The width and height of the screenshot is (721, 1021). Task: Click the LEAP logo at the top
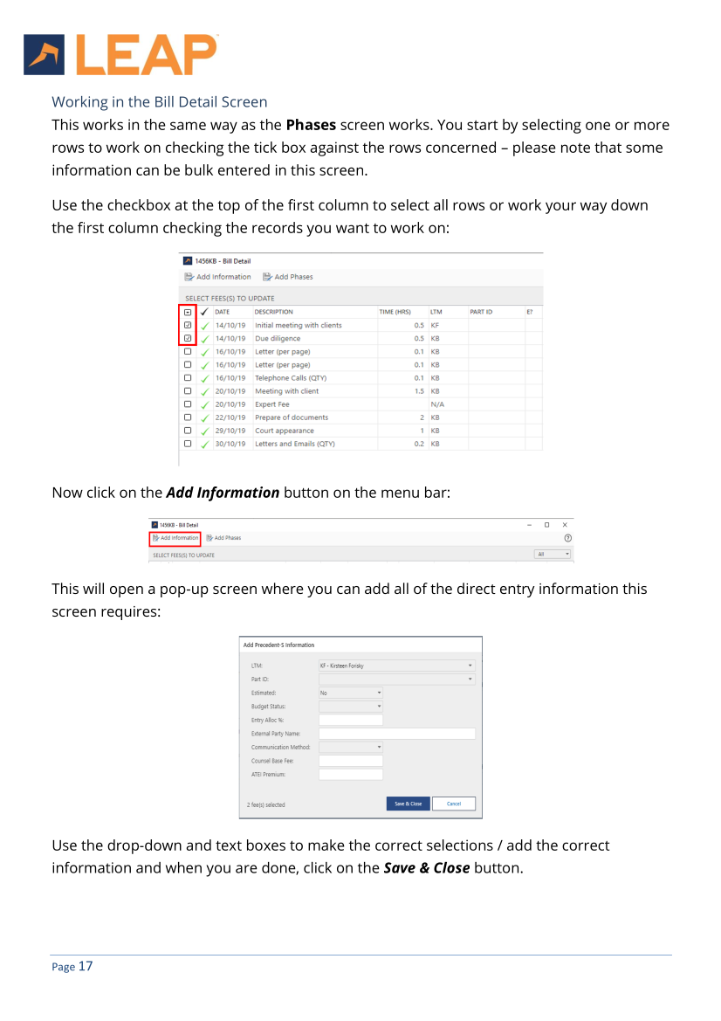pyautogui.click(x=120, y=54)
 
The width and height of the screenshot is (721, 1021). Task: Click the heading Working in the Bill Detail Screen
pyautogui.click(x=160, y=102)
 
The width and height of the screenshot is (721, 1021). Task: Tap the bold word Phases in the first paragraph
pyautogui.click(x=311, y=125)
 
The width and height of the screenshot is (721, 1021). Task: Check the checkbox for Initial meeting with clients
pyautogui.click(x=188, y=325)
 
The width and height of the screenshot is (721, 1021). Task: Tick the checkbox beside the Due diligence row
pyautogui.click(x=188, y=338)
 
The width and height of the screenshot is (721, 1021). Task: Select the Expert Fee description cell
pyautogui.click(x=271, y=404)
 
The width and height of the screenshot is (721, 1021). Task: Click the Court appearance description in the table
pyautogui.click(x=285, y=431)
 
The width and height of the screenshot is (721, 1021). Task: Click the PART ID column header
pyautogui.click(x=481, y=312)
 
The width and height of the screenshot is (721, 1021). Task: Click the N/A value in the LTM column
pyautogui.click(x=438, y=404)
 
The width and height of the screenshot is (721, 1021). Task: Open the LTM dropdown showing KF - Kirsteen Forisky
pyautogui.click(x=396, y=666)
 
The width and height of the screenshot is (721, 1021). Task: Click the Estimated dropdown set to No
pyautogui.click(x=350, y=693)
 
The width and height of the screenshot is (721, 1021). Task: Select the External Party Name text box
pyautogui.click(x=396, y=734)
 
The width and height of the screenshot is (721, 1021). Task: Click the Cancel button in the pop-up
pyautogui.click(x=453, y=804)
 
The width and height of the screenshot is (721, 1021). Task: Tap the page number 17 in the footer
pyautogui.click(x=85, y=966)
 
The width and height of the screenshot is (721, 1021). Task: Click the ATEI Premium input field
pyautogui.click(x=350, y=774)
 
